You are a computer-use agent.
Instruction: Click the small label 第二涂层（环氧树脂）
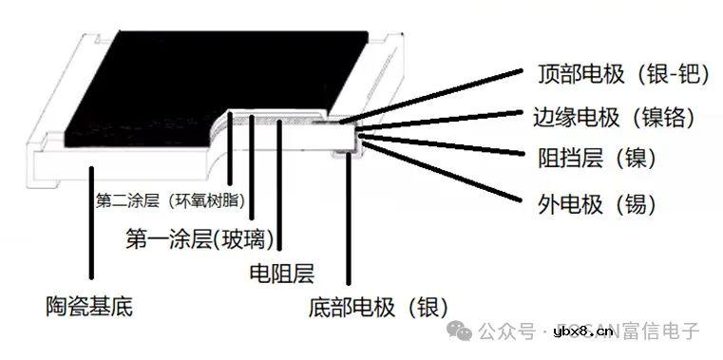171,201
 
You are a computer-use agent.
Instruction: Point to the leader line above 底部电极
350,218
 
